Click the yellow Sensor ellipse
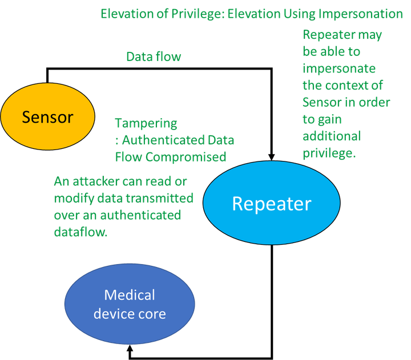[47, 117]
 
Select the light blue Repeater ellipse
[271, 204]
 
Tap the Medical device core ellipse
[130, 304]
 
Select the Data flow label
[153, 57]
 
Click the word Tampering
[146, 123]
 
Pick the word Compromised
[195, 156]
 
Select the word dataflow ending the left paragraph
[80, 232]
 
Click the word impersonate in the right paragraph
[339, 68]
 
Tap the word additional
[331, 136]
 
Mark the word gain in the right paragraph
[331, 120]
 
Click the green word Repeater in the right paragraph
[328, 35]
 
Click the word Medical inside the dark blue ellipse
[130, 295]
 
